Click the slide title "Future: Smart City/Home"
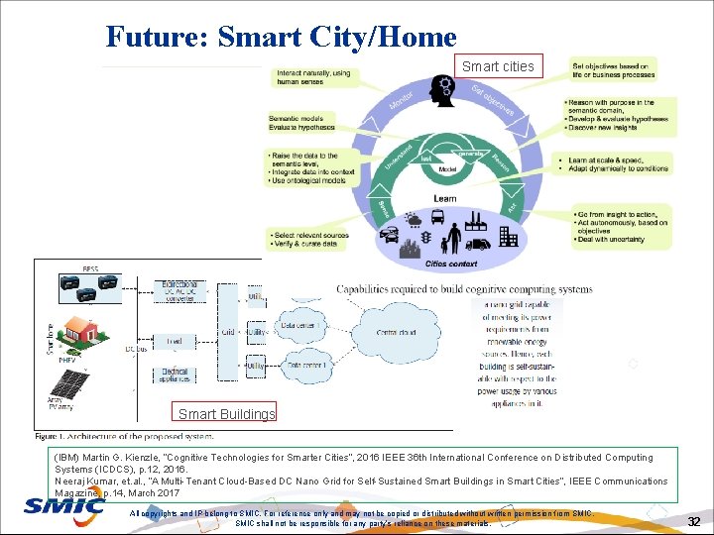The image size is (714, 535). [281, 37]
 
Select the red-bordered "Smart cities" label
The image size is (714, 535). [498, 66]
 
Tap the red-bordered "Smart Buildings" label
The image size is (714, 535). [226, 413]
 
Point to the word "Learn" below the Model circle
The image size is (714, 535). [445, 198]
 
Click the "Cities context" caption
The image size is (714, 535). [451, 265]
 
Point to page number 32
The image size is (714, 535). [693, 520]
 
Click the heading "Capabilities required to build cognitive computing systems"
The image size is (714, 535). [464, 289]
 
